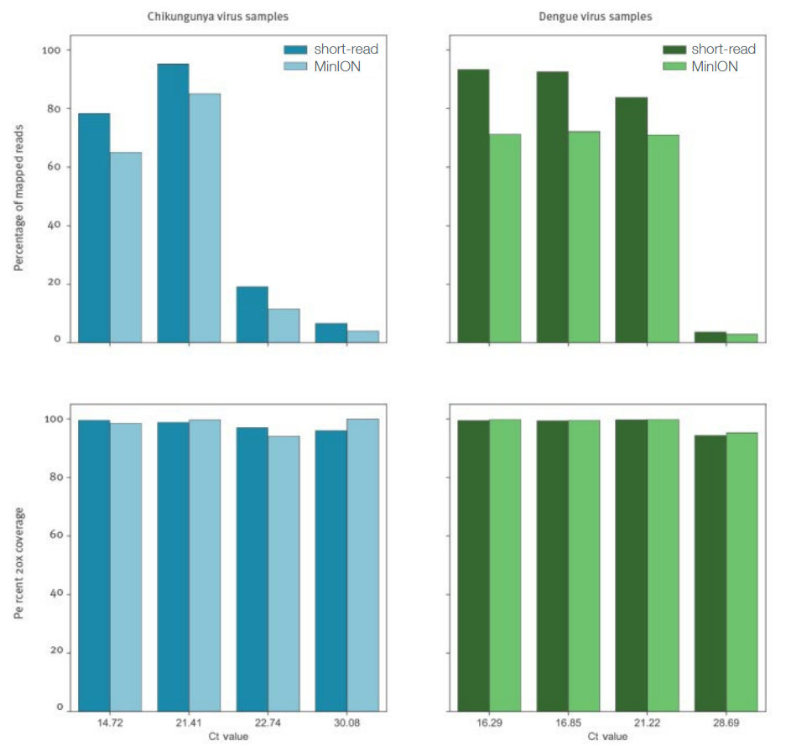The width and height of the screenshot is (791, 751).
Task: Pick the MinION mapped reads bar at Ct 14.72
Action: click(127, 247)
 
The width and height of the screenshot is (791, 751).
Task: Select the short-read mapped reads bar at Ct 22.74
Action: click(252, 315)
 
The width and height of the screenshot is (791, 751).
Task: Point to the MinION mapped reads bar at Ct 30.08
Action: click(363, 336)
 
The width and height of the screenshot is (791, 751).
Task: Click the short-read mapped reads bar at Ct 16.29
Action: click(474, 206)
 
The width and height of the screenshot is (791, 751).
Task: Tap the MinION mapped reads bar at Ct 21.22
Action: click(663, 238)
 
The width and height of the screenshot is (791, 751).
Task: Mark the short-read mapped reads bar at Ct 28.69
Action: click(710, 336)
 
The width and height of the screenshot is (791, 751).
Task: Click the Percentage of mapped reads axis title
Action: click(19, 195)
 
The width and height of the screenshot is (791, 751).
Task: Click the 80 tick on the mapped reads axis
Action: click(53, 109)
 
